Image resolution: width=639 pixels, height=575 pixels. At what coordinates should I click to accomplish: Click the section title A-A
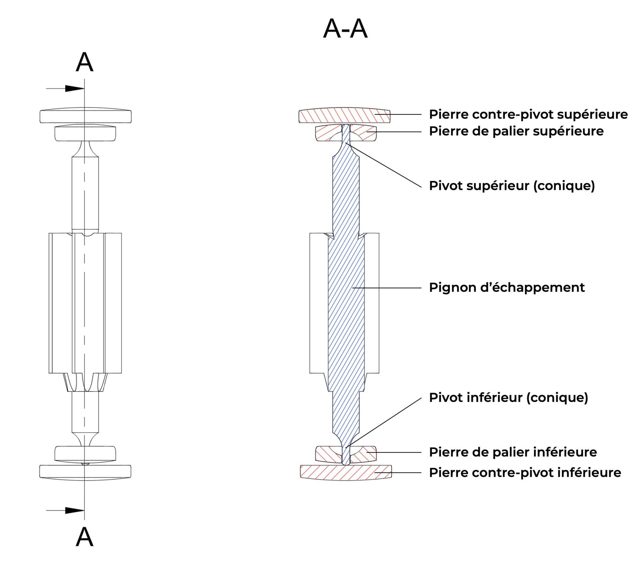point(345,29)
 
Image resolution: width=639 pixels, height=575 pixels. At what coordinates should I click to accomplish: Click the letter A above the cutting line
point(85,62)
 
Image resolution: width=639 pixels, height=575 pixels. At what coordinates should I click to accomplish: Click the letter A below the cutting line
point(85,537)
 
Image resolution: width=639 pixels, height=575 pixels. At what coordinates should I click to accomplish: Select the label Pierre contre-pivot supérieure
point(528,114)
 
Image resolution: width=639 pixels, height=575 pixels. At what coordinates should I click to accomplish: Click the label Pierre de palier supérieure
point(516,131)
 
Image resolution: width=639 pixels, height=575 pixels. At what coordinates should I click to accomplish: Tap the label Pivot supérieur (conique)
point(512,186)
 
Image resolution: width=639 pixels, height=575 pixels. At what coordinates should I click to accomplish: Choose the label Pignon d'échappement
point(507,287)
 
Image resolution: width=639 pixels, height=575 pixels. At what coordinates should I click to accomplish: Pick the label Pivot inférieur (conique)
point(509,398)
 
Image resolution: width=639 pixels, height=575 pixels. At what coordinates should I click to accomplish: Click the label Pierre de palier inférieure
point(513,452)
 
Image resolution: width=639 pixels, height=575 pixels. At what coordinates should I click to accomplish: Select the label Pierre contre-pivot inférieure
point(525,473)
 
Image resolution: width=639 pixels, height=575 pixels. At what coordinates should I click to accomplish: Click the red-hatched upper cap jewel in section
point(344,115)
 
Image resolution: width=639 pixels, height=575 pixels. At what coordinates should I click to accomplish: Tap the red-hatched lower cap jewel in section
point(346,473)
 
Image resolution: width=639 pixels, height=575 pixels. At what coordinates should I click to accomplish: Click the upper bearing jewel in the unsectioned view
point(86,133)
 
